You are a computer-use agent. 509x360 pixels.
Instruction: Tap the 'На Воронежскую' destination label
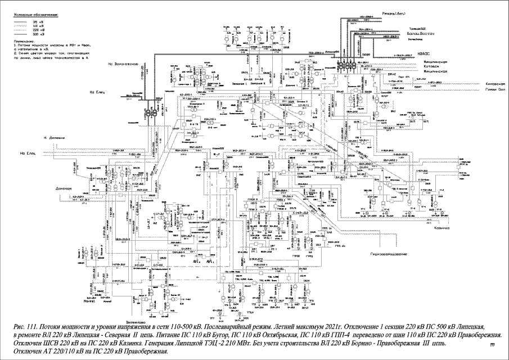(x=123, y=64)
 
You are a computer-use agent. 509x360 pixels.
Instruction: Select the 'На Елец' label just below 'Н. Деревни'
(x=28, y=154)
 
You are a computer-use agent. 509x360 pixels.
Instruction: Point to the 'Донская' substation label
(x=64, y=188)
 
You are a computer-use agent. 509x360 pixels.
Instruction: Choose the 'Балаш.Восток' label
(x=417, y=34)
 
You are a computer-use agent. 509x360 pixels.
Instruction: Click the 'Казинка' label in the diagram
(x=443, y=228)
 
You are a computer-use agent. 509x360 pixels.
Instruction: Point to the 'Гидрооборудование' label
(x=388, y=255)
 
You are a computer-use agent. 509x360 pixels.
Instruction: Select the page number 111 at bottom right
(x=493, y=344)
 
